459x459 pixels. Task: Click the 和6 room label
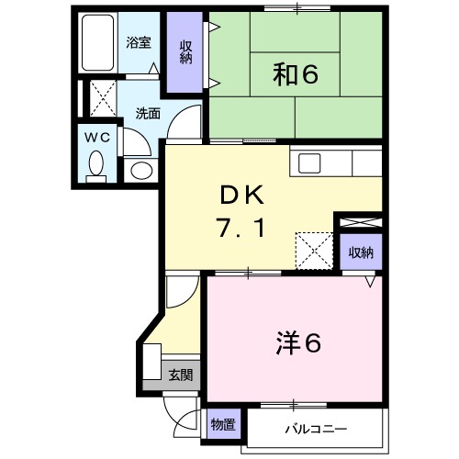[295, 74]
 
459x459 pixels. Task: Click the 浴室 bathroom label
[139, 41]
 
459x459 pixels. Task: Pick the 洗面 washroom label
[148, 114]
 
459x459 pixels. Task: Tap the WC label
[96, 136]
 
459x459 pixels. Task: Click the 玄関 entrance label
[180, 374]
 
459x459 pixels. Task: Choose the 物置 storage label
[222, 425]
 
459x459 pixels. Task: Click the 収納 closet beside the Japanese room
[186, 52]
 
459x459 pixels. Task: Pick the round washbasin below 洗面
[140, 170]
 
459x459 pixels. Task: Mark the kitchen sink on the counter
[308, 163]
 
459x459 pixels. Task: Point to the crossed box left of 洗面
[99, 97]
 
